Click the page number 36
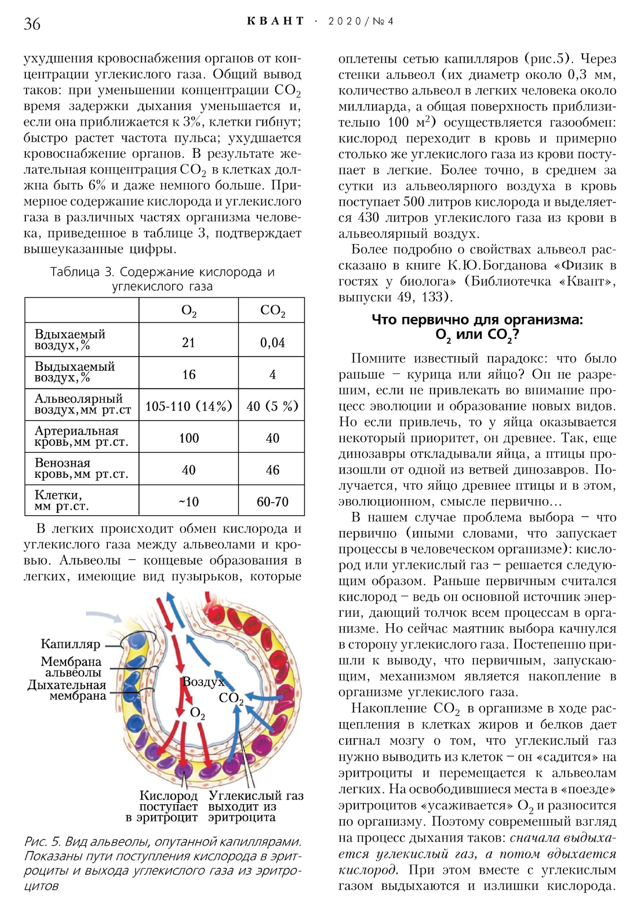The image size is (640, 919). coord(32,24)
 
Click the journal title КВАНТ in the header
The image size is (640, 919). coord(276,21)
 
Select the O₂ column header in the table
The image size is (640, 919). coord(189,311)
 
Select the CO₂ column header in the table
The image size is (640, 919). coord(272,311)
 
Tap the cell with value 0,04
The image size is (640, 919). coord(272,343)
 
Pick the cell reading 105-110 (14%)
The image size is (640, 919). coord(189,406)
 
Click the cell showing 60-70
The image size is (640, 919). coord(272,502)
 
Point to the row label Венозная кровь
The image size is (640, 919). coord(81,469)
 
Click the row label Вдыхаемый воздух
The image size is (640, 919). coord(70,339)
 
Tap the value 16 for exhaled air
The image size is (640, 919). coord(189,375)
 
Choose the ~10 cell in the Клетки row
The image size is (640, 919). coord(189,502)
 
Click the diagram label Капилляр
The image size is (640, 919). coord(70,644)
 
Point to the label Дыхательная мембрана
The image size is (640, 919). coord(67,690)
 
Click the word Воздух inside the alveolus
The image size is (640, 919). coord(203,682)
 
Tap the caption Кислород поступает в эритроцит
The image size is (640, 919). coord(162,806)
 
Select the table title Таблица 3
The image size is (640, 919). coord(162,279)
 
